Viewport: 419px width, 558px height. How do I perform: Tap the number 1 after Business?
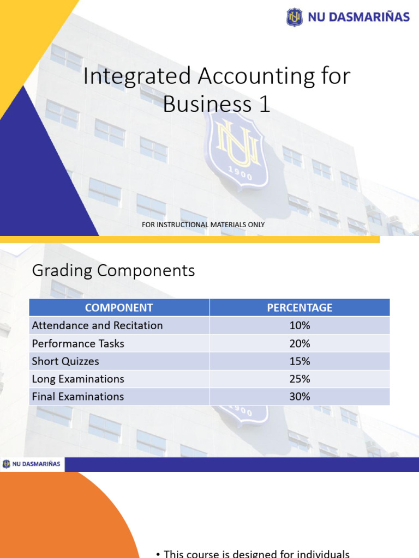(x=265, y=105)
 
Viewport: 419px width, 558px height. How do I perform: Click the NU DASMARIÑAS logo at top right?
(x=348, y=17)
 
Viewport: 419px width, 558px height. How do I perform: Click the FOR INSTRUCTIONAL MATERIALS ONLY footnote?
(x=203, y=225)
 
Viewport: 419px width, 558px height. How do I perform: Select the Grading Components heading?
(x=113, y=270)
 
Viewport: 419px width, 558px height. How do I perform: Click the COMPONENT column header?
(x=119, y=307)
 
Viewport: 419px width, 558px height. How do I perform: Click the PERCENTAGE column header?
(x=300, y=307)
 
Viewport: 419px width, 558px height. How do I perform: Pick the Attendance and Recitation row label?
(x=97, y=325)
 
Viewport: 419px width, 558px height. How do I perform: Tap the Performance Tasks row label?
(x=78, y=343)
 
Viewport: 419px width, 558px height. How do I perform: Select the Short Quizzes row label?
(x=65, y=361)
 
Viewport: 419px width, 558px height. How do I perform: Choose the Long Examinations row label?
(x=78, y=379)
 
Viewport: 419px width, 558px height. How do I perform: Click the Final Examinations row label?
(x=78, y=397)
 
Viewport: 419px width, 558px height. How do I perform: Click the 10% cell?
(x=300, y=325)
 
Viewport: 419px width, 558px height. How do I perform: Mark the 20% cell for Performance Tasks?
(x=300, y=343)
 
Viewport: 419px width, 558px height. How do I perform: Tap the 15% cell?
(x=300, y=361)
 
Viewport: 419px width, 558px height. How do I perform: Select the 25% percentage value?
(x=300, y=379)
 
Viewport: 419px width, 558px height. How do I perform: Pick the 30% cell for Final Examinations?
(x=300, y=397)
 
